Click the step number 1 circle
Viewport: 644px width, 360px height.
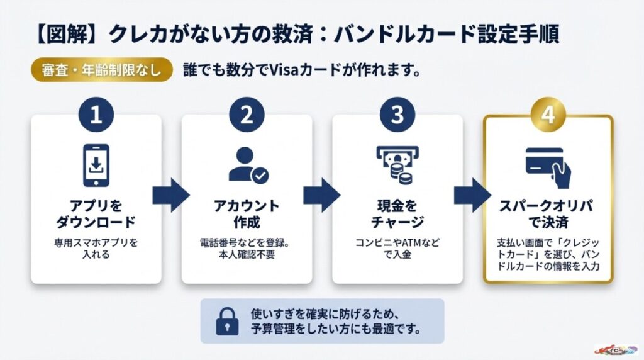(96, 115)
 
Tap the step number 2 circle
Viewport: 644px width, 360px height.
(247, 115)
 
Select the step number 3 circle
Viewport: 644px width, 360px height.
(397, 115)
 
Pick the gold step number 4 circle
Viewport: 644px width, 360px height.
(548, 115)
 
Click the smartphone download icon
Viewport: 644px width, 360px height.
(96, 166)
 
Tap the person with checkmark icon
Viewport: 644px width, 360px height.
(247, 166)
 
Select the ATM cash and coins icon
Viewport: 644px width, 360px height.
(397, 164)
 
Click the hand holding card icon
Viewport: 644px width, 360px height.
(548, 164)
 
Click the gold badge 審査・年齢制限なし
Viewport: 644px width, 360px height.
(102, 70)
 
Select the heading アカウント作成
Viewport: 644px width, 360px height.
(247, 215)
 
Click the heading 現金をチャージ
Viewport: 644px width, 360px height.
(397, 215)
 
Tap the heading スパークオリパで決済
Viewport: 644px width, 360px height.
(548, 215)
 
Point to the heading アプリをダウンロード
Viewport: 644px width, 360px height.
(96, 215)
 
